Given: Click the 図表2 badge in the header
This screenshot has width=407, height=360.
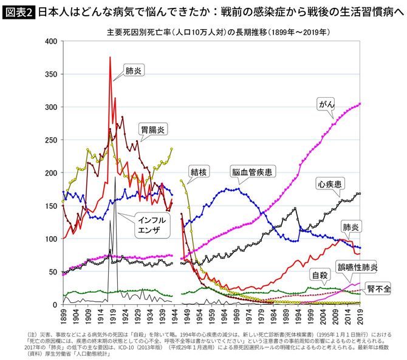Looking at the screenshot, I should point(18,10).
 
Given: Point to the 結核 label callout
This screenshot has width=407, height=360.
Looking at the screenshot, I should point(199,172).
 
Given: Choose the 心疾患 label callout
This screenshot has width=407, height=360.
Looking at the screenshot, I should point(332,182).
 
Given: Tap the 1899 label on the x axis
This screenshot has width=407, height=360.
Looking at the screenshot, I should point(63,317).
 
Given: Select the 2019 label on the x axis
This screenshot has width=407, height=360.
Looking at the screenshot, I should point(360,317).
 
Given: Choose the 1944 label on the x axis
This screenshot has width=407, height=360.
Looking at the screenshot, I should point(174,317).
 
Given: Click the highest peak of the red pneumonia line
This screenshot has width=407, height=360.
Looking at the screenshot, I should point(110,57).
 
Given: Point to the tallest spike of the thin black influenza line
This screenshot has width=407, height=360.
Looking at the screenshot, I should point(115,178).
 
